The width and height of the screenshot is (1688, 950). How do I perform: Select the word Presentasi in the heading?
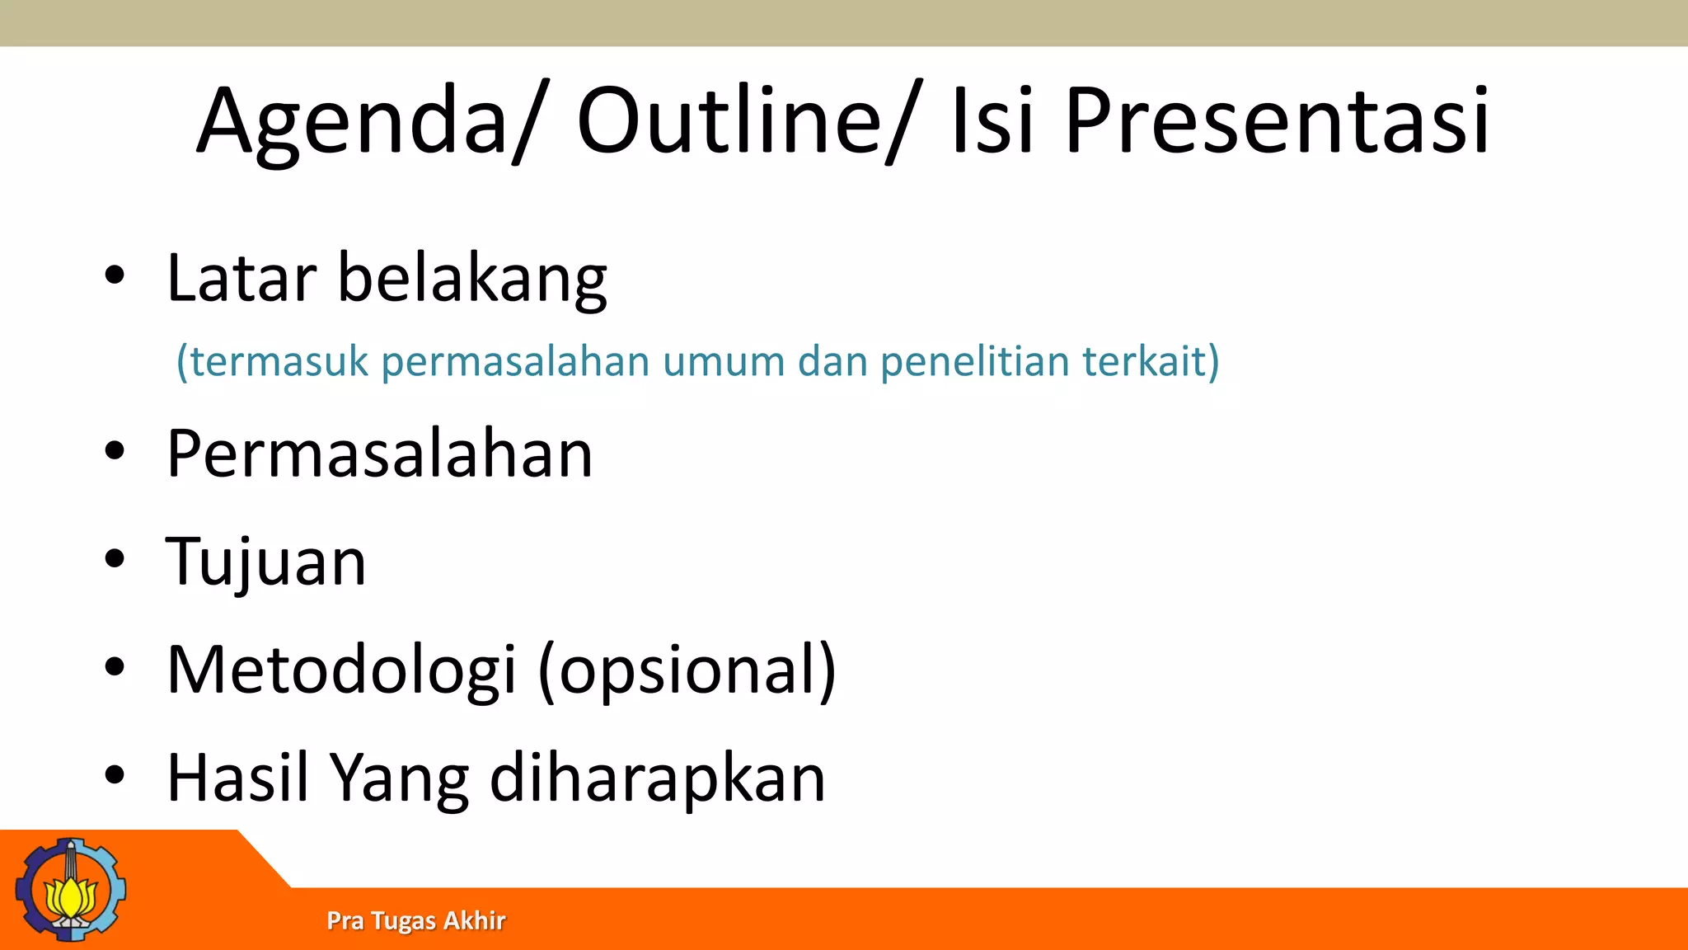1277,122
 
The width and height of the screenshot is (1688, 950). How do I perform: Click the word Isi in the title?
992,122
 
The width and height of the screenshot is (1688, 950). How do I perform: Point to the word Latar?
241,279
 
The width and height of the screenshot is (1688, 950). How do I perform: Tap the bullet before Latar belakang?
115,275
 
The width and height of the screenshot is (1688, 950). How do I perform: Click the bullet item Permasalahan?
379,454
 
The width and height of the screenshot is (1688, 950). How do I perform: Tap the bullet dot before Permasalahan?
115,451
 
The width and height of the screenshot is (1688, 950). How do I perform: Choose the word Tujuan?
265,562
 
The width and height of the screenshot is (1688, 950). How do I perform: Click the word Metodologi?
341,670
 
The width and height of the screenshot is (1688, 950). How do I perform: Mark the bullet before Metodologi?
115,666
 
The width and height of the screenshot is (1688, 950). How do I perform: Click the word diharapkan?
657,779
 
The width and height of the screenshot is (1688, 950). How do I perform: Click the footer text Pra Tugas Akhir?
415,920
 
